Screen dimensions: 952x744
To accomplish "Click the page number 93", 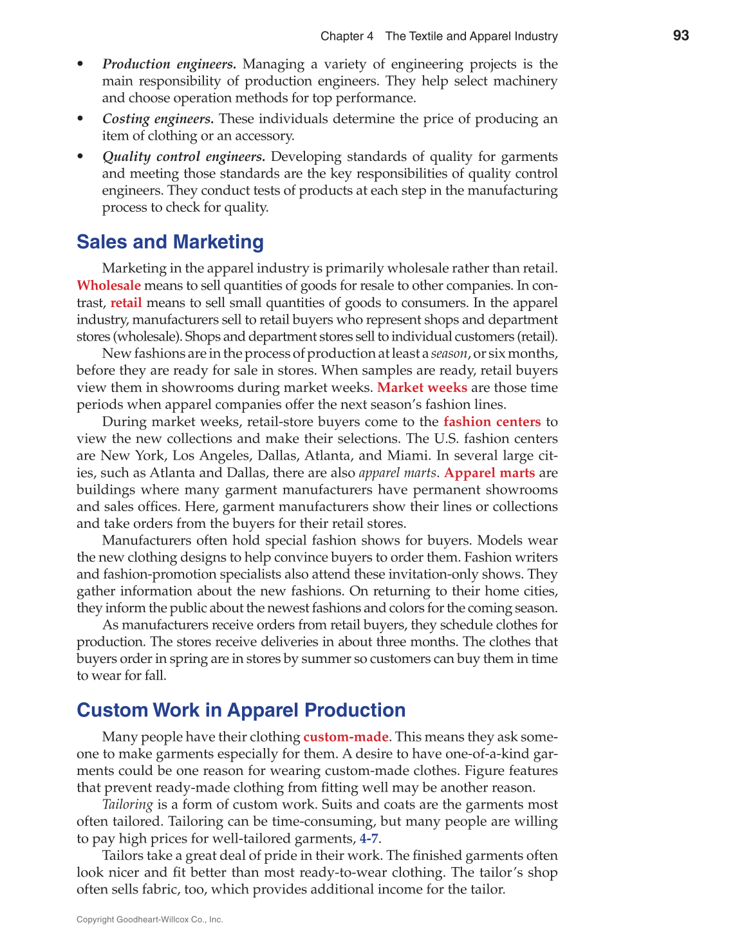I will pyautogui.click(x=681, y=35).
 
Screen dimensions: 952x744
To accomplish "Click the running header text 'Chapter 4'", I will pyautogui.click(x=347, y=36).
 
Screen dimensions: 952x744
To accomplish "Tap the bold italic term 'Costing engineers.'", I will pyautogui.click(x=158, y=119).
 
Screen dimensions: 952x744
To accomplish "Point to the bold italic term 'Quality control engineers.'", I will pyautogui.click(x=183, y=157).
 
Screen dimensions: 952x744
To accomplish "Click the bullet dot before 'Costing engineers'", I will pyautogui.click(x=80, y=119).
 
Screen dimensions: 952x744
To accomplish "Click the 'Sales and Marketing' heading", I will pyautogui.click(x=170, y=242).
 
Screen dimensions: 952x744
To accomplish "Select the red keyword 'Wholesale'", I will pyautogui.click(x=109, y=286).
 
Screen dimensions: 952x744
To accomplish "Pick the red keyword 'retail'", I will pyautogui.click(x=126, y=303).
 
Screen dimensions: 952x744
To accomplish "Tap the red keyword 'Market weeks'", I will pyautogui.click(x=422, y=387).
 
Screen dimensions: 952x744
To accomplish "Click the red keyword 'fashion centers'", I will pyautogui.click(x=492, y=422).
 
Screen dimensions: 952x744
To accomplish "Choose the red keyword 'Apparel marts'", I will pyautogui.click(x=490, y=473).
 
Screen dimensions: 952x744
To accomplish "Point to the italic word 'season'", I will pyautogui.click(x=449, y=354).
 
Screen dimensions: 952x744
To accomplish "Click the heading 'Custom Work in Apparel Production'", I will pyautogui.click(x=241, y=710).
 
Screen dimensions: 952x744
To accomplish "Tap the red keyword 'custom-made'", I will pyautogui.click(x=346, y=737).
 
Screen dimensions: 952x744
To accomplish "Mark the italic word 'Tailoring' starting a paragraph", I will pyautogui.click(x=127, y=805).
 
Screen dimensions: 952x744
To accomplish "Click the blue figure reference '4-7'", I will pyautogui.click(x=369, y=839).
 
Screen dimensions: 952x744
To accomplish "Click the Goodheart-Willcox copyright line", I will pyautogui.click(x=150, y=920).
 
